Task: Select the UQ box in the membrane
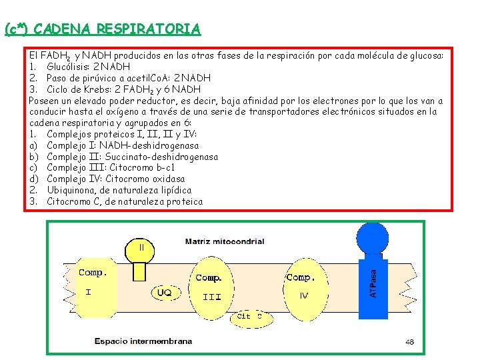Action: tap(164, 292)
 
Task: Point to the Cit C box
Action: tap(254, 317)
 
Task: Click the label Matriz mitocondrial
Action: tap(224, 241)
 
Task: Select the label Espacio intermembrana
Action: tap(143, 341)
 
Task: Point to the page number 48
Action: tap(409, 342)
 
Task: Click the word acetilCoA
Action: tap(153, 78)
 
